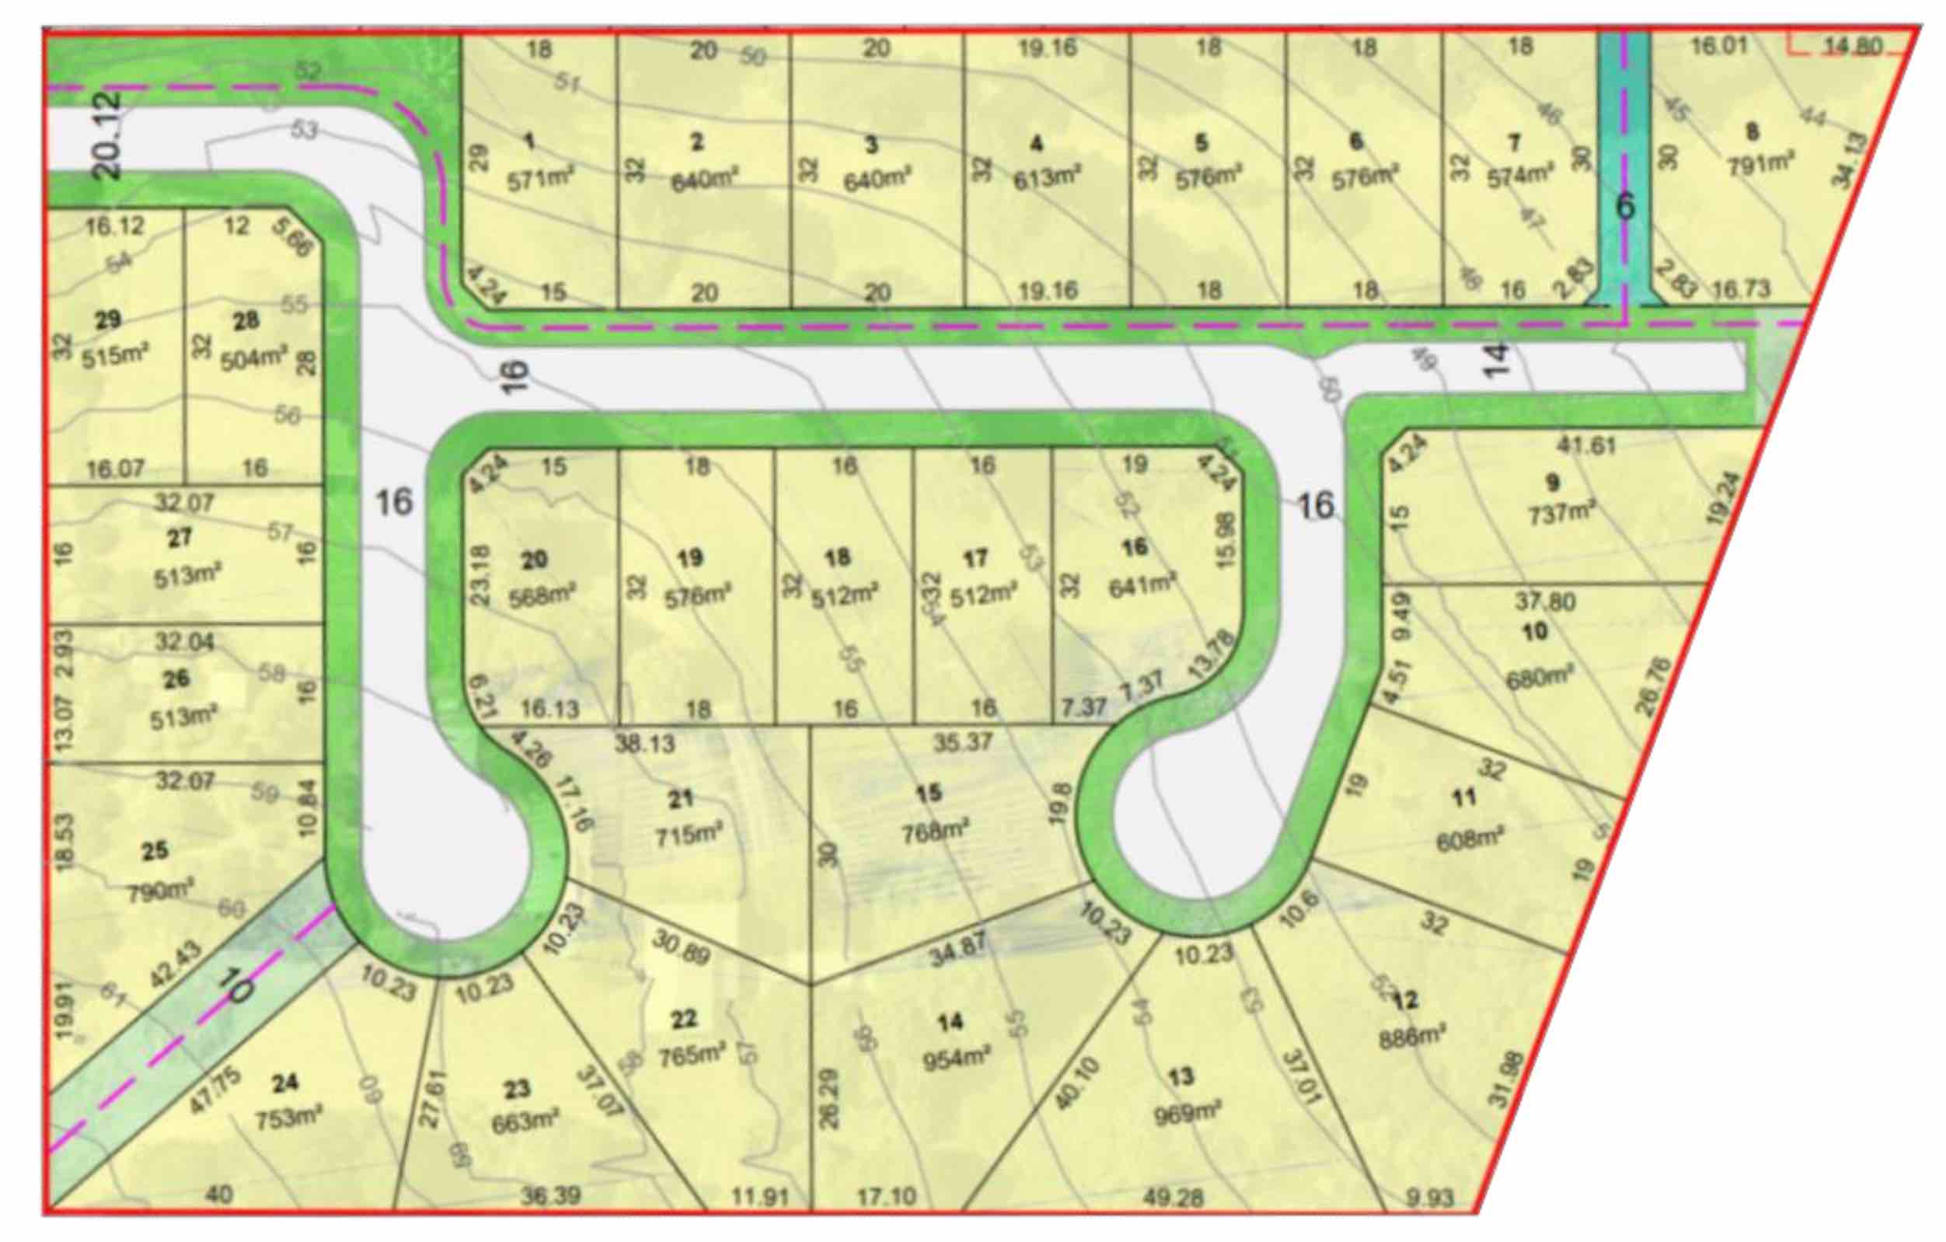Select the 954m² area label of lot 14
click(956, 1057)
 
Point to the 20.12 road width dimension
click(107, 135)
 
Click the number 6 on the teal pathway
click(1624, 207)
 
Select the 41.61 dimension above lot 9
click(1586, 445)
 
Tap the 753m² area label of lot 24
click(288, 1119)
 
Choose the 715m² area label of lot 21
click(689, 834)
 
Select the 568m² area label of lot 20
click(542, 595)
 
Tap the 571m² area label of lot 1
click(540, 180)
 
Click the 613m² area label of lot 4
click(1047, 177)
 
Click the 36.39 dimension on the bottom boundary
click(550, 1195)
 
